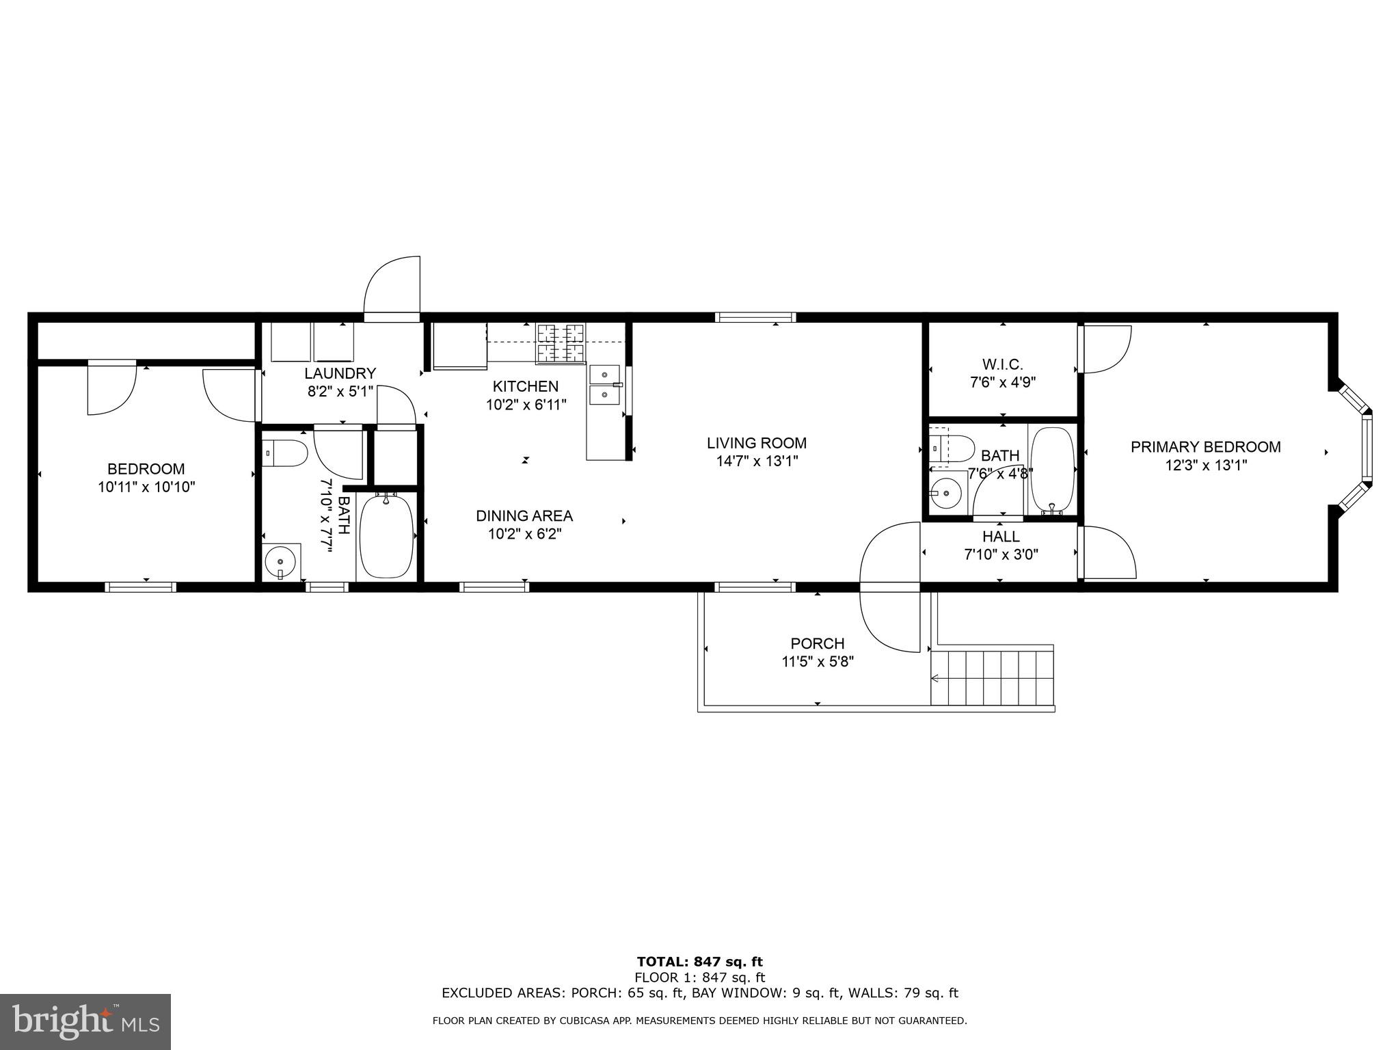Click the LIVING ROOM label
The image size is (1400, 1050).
coord(757,443)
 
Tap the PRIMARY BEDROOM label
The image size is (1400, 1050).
coord(1206,447)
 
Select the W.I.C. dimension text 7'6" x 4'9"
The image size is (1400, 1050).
coord(1003,383)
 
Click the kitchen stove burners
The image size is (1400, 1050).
coord(561,343)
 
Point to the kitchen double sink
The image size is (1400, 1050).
coord(605,386)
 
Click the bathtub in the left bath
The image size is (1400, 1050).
coord(386,536)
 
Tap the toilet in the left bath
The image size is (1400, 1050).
coord(285,453)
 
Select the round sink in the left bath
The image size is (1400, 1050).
coord(282,562)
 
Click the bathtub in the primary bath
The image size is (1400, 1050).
coord(1053,470)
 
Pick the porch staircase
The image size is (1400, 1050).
coord(993,677)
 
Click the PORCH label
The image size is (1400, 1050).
coord(818,644)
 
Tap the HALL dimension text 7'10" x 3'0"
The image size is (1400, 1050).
coord(1001,555)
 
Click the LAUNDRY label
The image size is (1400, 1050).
coord(340,374)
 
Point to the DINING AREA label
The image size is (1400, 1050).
coord(524,516)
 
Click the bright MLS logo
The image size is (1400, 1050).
coord(85,1021)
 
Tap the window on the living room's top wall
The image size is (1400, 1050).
coord(756,317)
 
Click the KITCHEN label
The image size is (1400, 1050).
coord(526,387)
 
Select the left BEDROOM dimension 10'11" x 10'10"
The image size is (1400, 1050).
coord(146,487)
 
